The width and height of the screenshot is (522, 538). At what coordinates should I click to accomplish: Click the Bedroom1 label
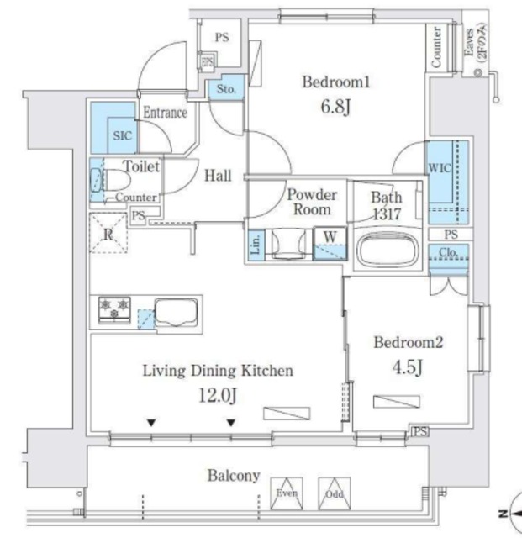pos(335,82)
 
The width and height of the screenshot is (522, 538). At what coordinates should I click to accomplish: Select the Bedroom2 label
pos(408,343)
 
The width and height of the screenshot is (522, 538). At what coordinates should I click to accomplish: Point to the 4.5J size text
pos(408,367)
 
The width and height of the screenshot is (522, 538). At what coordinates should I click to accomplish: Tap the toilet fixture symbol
pos(109,179)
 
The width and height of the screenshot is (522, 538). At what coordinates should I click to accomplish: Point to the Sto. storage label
pos(225,87)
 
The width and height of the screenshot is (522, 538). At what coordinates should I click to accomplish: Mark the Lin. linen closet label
pos(256,244)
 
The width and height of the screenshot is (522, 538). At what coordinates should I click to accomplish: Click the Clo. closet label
pos(446,253)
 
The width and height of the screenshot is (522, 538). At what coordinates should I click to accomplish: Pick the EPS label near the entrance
pos(207,62)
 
